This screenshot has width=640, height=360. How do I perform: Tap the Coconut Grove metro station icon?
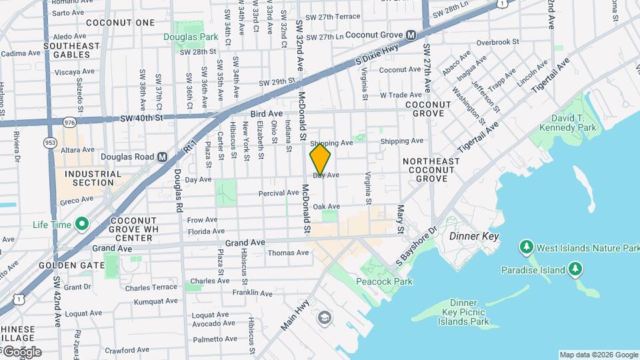click(411, 35)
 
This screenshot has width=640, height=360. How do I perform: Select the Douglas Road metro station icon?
click(162, 157)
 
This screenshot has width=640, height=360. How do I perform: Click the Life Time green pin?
click(82, 224)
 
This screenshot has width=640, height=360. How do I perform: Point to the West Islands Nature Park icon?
click(526, 248)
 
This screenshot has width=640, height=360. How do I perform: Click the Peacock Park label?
click(383, 281)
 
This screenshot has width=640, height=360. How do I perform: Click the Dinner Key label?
click(473, 237)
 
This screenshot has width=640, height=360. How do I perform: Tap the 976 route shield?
click(69, 122)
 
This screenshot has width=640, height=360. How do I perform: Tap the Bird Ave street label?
click(267, 114)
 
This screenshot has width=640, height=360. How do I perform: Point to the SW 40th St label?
click(141, 118)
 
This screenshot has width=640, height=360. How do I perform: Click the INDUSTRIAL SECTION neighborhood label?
click(93, 178)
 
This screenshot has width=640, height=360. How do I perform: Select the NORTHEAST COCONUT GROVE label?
click(431, 170)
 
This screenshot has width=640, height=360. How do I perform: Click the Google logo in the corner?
click(21, 351)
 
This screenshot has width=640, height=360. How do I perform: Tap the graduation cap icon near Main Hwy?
click(325, 317)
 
